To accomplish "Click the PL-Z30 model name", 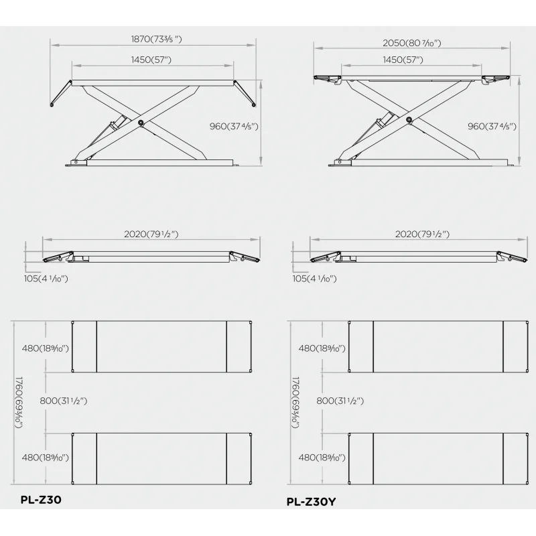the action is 41,500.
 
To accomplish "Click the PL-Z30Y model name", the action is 311,502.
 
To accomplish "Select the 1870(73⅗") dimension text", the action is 156,39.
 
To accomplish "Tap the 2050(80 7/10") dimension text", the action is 411,43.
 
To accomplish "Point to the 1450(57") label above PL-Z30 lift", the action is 151,60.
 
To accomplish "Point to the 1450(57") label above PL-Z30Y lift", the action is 403,60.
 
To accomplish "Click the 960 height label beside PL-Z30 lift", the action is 234,127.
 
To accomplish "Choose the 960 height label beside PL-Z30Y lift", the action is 492,127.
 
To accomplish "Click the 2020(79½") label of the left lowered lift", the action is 151,234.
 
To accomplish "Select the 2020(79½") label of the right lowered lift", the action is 422,234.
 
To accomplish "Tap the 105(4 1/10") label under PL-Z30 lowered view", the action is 46,279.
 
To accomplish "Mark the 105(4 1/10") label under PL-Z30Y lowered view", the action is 314,279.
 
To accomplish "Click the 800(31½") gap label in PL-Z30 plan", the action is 63,401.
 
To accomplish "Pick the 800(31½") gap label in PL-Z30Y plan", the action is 340,401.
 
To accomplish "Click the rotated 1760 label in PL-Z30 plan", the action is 19,403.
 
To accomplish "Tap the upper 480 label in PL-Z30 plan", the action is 45,348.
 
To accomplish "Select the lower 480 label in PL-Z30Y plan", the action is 322,458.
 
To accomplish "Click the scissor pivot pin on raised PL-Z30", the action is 141,123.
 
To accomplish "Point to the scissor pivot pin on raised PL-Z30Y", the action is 409,119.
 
